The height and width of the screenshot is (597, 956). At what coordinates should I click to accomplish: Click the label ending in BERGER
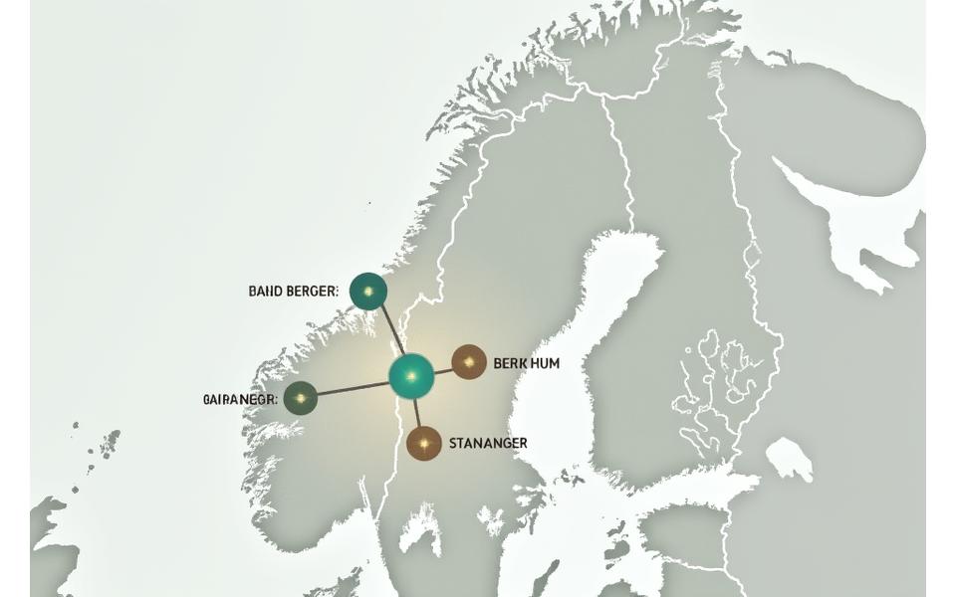click(293, 292)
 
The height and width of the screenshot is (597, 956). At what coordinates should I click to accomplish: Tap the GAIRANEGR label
click(240, 399)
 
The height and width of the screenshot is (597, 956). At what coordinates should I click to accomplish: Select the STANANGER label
click(488, 443)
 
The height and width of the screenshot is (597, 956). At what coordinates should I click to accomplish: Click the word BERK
click(513, 363)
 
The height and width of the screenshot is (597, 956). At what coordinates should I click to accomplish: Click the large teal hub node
click(410, 376)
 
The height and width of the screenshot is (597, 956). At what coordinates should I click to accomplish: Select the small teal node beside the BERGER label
click(368, 292)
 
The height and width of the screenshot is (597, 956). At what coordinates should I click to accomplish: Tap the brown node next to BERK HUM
click(469, 362)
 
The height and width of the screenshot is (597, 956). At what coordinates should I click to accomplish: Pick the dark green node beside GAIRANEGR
click(300, 398)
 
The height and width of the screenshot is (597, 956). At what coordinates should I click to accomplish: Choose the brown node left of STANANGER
click(424, 442)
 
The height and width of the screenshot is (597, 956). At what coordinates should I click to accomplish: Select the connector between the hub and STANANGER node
click(417, 413)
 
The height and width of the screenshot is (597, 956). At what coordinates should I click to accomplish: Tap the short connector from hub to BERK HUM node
click(443, 369)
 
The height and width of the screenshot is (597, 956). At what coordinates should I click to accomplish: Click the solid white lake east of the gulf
click(789, 459)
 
